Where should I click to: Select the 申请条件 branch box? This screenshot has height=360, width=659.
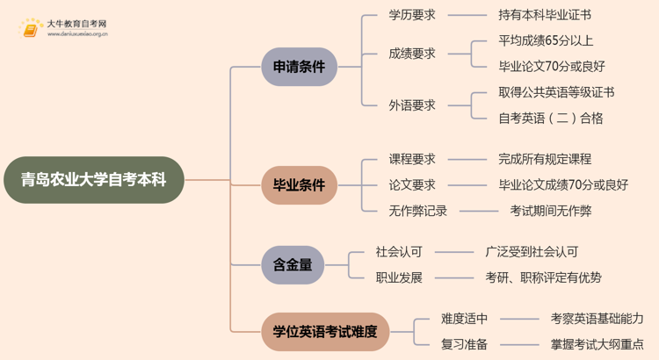point(299,67)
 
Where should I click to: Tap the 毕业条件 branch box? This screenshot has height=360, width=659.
point(299,185)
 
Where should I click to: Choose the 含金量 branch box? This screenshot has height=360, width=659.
point(293,264)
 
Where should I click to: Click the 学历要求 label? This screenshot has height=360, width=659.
point(412,15)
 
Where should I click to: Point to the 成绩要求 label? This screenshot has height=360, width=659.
point(412,53)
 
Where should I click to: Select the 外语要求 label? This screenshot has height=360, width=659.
point(412,104)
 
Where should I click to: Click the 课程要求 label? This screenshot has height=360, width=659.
point(412,159)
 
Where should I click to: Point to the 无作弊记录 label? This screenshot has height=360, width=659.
point(418,211)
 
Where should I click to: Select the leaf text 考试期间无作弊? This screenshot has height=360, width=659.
point(551,211)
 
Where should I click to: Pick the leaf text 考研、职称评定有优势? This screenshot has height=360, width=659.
point(544,277)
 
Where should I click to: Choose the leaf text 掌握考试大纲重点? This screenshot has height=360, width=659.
point(597,344)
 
